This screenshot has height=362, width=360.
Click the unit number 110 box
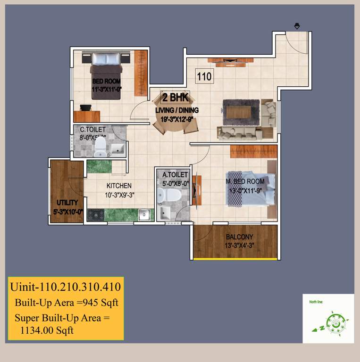click(204, 76)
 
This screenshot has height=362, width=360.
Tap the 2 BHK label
click(175, 99)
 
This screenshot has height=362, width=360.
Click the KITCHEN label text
click(119, 186)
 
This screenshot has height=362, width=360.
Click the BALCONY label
click(239, 237)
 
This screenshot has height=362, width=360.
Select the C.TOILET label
click(93, 130)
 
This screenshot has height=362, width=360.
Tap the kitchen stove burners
click(95, 214)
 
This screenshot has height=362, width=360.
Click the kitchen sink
click(144, 215)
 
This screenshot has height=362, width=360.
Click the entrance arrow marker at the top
click(297, 25)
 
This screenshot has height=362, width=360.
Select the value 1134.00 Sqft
click(47, 330)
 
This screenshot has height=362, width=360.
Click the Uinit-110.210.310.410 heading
click(65, 287)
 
